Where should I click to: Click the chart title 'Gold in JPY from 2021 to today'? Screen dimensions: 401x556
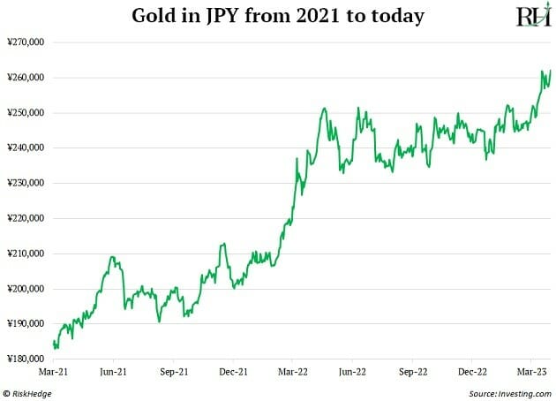(x=278, y=16)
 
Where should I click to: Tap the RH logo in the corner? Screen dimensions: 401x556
(x=532, y=16)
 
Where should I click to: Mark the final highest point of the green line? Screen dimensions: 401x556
(x=550, y=70)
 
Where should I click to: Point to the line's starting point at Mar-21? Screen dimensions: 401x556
(x=54, y=342)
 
